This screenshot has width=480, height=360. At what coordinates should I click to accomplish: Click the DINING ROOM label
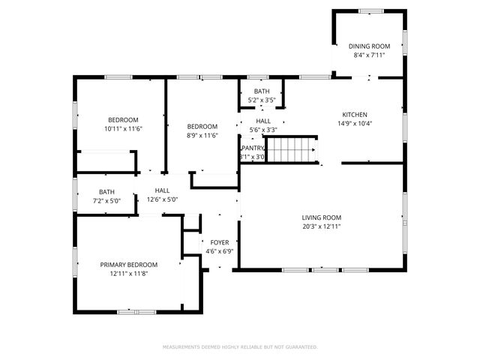pyautogui.click(x=369, y=46)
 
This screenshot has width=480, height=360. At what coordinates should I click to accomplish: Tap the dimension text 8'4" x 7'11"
pyautogui.click(x=369, y=55)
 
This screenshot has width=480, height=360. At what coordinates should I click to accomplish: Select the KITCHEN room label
pyautogui.click(x=355, y=115)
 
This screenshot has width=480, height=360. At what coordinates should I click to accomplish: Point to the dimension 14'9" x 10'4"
pyautogui.click(x=355, y=124)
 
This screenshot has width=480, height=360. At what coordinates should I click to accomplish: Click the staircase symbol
pyautogui.click(x=293, y=149)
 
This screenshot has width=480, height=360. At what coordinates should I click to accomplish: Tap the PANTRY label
pyautogui.click(x=252, y=148)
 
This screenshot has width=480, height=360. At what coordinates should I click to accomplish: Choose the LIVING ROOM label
pyautogui.click(x=322, y=217)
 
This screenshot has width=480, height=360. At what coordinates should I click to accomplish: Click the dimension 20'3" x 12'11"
pyautogui.click(x=322, y=226)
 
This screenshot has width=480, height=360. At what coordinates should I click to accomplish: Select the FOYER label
pyautogui.click(x=219, y=242)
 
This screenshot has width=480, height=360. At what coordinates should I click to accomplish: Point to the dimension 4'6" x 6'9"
pyautogui.click(x=219, y=251)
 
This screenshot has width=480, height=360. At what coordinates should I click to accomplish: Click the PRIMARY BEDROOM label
pyautogui.click(x=129, y=265)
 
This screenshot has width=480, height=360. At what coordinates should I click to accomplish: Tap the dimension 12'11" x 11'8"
pyautogui.click(x=129, y=274)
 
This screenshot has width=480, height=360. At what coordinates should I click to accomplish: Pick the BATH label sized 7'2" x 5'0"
pyautogui.click(x=106, y=192)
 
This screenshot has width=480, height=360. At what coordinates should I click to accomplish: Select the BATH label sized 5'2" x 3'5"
pyautogui.click(x=262, y=91)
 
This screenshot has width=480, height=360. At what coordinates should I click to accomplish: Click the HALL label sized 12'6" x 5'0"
pyautogui.click(x=163, y=191)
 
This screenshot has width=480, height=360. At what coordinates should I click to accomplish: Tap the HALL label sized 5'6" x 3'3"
pyautogui.click(x=263, y=121)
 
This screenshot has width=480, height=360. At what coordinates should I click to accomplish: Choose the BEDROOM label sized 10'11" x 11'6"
pyautogui.click(x=123, y=120)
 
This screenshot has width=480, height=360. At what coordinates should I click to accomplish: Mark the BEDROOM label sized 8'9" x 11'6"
pyautogui.click(x=202, y=126)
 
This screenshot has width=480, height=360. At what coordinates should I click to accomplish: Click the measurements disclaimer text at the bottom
pyautogui.click(x=240, y=346)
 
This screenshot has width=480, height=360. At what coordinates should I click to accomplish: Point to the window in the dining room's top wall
pyautogui.click(x=369, y=10)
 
